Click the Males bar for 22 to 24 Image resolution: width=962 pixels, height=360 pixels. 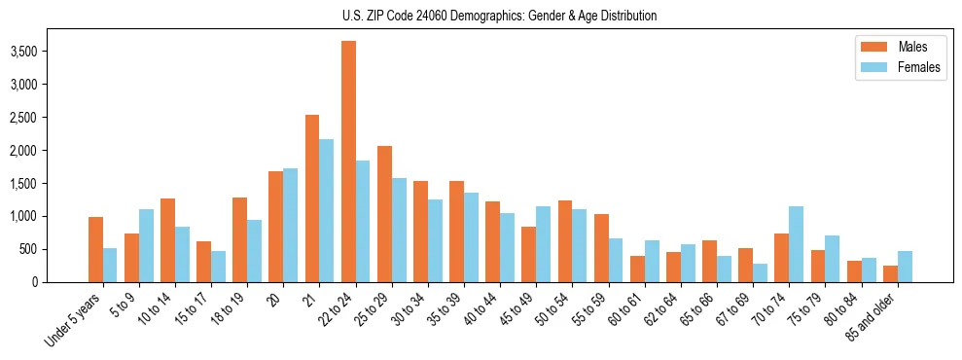click(348, 162)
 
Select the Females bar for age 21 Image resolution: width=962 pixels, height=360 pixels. click(327, 210)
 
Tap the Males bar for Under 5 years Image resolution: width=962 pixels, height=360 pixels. click(95, 249)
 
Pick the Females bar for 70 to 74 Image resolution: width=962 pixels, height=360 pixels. click(796, 244)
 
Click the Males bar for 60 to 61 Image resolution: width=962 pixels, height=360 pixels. click(637, 269)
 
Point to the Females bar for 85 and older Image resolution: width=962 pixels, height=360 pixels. click(904, 267)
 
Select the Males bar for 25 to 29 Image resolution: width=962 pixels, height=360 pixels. click(384, 214)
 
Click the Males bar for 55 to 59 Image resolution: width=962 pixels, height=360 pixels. click(601, 248)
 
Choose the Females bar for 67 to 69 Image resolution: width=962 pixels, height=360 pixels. click(760, 272)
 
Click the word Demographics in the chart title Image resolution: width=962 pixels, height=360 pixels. click(483, 16)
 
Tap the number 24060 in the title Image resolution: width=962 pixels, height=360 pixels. click(425, 16)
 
